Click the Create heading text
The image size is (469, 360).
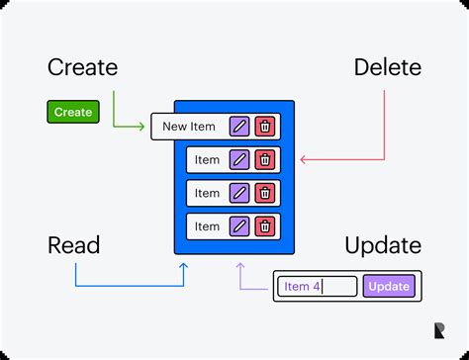coord(82,68)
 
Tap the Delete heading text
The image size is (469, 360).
coord(388,68)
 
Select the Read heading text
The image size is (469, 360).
coord(73,245)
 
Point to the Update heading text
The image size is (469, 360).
coord(383,245)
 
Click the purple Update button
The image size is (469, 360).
coord(389,287)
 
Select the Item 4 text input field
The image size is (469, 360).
coord(316,287)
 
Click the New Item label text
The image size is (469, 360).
coord(189,127)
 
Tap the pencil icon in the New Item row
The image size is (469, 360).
coord(239,127)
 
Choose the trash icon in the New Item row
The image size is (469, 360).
coord(265,127)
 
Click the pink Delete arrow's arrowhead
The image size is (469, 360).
coord(303,160)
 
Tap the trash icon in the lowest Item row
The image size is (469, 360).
coord(265,226)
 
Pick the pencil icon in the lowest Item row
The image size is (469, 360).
coord(239,226)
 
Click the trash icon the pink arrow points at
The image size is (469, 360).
coord(265,160)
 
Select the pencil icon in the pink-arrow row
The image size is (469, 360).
coord(239,160)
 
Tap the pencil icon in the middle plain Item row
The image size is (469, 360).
coord(239,193)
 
